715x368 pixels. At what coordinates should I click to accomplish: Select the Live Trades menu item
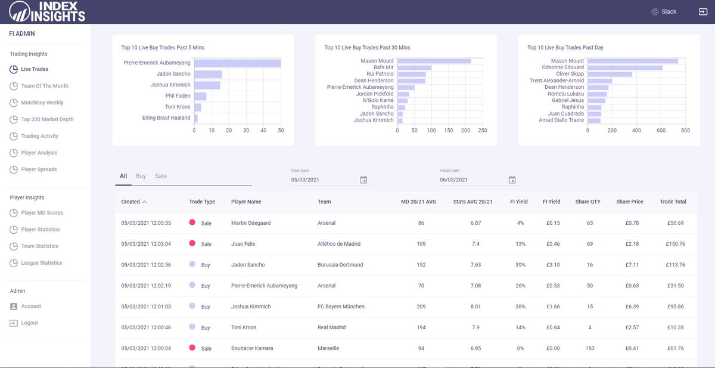pos(35,69)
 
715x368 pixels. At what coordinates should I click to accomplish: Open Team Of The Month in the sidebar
pos(44,86)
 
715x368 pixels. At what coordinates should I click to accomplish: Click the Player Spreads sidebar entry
pos(39,169)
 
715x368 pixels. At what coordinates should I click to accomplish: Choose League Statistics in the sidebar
pos(42,263)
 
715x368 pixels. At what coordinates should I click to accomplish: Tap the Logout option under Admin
pos(29,323)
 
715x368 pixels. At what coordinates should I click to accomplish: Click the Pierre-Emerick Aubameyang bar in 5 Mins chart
pos(237,63)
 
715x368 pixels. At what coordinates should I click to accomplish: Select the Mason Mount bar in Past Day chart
pos(633,61)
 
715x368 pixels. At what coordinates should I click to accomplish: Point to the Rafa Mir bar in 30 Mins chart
pos(414,67)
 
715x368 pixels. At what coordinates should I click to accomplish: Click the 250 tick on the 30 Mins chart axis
pos(483,130)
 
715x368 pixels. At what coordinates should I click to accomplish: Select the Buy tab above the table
pos(141,176)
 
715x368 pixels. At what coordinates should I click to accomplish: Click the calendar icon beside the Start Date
pos(363,180)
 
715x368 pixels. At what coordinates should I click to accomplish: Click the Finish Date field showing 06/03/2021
pos(471,180)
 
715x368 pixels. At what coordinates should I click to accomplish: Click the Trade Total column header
pos(673,202)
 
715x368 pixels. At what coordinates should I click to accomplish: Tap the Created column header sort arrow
pos(145,202)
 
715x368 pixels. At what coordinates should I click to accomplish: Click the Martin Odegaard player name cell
pos(251,223)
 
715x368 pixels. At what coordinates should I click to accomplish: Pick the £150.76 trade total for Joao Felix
pos(673,244)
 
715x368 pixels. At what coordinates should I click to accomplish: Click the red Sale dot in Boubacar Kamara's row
pos(192,347)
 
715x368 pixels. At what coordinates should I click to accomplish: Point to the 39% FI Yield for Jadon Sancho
pos(520,265)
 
